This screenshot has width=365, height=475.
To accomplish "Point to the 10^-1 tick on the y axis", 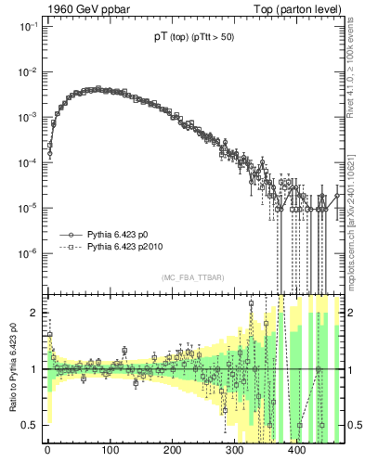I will pos(29,28).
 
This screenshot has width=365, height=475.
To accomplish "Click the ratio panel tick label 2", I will pos(35,313).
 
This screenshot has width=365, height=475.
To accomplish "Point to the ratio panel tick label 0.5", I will pos(32,425).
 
